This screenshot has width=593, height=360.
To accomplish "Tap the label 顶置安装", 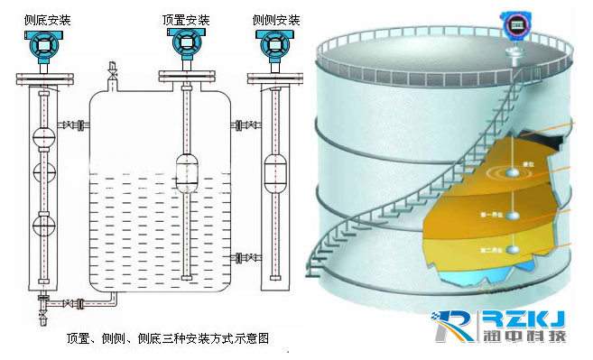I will pos(186,18).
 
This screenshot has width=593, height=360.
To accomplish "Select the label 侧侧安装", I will pos(277,18).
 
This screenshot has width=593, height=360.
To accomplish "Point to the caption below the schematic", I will pos(168,338).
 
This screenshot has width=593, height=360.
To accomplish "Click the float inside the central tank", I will pos(187,172).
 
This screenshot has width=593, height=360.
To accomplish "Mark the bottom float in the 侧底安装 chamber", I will pos(41,225).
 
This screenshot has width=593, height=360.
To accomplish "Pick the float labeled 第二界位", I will pos(513,247).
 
